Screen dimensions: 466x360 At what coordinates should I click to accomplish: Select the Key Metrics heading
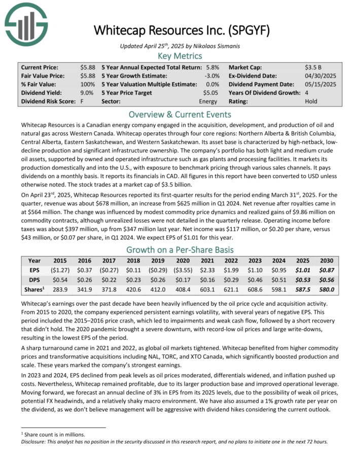pyautogui.click(x=180, y=56)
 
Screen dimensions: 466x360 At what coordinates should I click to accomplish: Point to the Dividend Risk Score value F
pyautogui.click(x=82, y=101)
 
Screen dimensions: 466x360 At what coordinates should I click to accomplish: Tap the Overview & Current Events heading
pyautogui.click(x=180, y=114)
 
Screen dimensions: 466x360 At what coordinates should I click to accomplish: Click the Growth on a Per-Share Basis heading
pyautogui.click(x=180, y=250)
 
